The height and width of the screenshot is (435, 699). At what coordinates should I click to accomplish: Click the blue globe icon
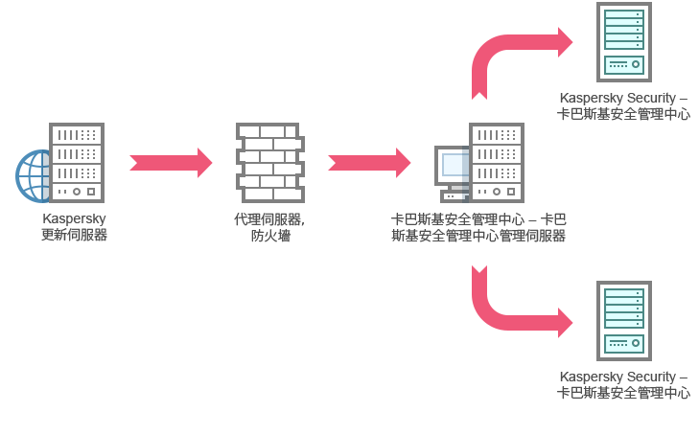33,176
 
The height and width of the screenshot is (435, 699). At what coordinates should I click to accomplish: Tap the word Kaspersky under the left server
74,219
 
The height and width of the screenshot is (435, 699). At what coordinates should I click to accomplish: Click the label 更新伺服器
74,235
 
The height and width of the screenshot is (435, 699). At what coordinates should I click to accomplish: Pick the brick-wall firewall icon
269,162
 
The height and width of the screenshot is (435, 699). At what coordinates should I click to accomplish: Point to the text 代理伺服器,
269,219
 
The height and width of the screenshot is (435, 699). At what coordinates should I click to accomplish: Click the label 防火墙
270,236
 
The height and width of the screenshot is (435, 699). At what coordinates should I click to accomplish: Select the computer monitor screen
453,165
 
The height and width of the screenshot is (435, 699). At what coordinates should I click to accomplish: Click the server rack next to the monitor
497,162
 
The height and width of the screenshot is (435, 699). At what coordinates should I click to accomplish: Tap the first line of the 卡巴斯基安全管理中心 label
478,219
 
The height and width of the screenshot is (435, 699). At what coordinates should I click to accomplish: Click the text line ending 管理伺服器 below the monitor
478,236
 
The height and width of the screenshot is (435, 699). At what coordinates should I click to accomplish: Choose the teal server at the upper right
623,41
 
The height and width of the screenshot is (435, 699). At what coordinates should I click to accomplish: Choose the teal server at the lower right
623,320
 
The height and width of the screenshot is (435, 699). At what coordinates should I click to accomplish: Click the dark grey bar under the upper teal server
628,106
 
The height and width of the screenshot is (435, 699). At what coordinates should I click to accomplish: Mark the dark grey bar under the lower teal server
623,385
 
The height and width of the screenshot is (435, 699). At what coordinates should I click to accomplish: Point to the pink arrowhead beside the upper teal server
570,42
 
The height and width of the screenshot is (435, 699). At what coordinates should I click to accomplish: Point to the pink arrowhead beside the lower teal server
570,323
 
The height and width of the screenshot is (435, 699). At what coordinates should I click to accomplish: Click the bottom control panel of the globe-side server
77,192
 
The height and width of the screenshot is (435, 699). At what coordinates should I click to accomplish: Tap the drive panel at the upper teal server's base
623,64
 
